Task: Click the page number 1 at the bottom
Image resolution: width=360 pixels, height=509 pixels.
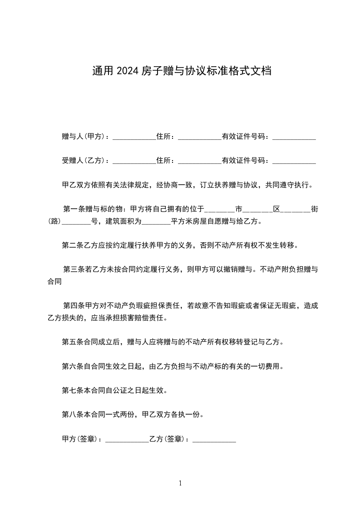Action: (180, 483)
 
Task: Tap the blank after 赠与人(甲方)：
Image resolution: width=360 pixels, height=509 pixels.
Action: (134, 137)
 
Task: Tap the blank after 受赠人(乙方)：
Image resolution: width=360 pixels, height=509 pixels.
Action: (134, 162)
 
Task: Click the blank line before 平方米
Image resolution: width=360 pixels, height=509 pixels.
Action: (156, 222)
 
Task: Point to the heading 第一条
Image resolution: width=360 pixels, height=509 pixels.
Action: (74, 209)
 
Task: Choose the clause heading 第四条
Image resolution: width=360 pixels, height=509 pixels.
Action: (74, 306)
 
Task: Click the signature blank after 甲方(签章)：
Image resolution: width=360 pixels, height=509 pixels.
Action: (127, 440)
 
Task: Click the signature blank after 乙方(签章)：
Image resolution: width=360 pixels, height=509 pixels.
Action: (214, 440)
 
